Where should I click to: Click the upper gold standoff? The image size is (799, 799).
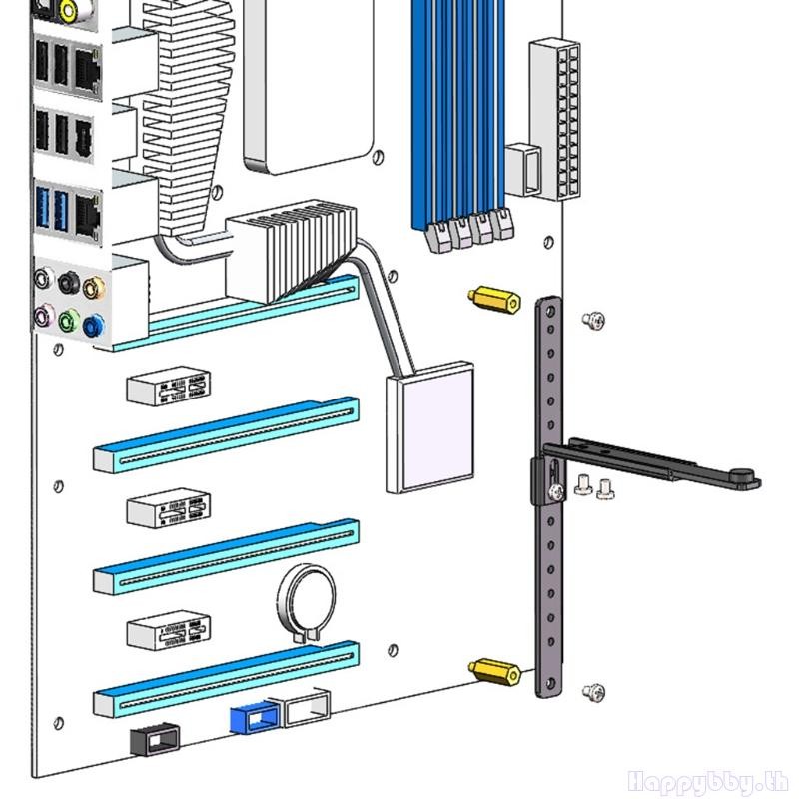(494, 299)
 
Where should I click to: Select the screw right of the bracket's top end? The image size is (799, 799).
(593, 320)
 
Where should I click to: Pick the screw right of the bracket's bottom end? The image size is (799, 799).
(593, 691)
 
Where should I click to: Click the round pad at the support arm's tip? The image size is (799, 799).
(743, 477)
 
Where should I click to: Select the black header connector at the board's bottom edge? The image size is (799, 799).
(156, 739)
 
